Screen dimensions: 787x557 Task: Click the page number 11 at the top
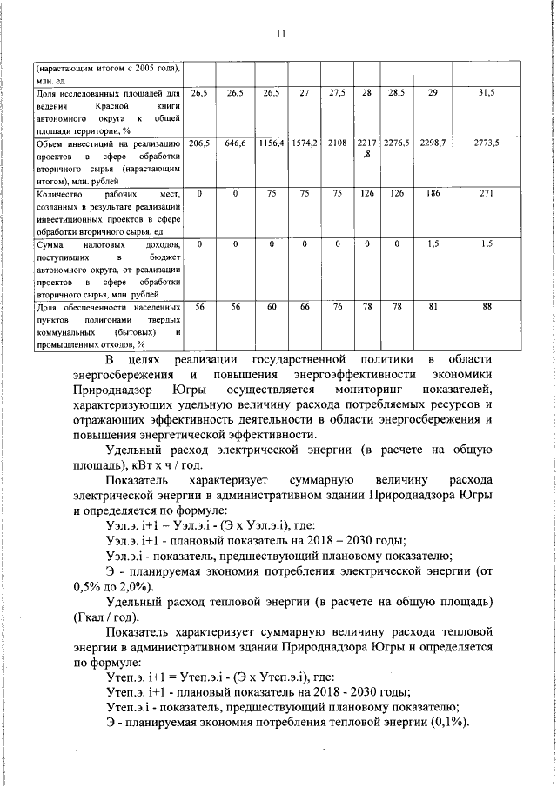pyautogui.click(x=279, y=35)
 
